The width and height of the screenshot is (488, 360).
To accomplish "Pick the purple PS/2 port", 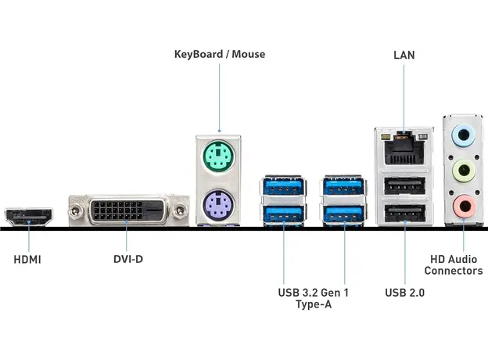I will point(220,208).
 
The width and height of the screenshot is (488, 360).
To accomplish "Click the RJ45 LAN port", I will point(404,146).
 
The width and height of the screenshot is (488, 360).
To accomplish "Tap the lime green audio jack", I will point(464,171).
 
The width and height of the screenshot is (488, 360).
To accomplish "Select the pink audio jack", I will point(464,206).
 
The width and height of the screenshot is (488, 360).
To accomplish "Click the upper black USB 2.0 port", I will point(404,186).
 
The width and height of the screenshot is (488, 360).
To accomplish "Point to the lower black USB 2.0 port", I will point(404,213).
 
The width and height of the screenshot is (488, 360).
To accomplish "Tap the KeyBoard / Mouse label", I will point(220,54).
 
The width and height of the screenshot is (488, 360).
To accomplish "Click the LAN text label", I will point(404,55).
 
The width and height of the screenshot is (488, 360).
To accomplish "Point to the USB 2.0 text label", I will point(405,293).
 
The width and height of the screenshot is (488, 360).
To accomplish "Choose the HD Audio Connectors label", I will point(454,265).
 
